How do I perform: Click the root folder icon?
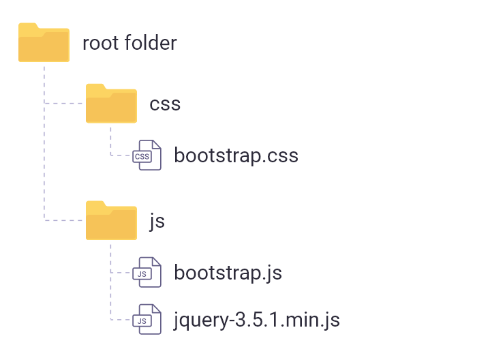pos(44,43)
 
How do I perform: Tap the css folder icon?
pos(111,103)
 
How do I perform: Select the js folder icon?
pos(111,220)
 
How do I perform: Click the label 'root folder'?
pos(129,44)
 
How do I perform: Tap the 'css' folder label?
pos(165,104)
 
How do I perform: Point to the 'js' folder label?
pos(157,221)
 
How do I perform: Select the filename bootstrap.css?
pos(236,155)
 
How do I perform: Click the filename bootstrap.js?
pos(228,273)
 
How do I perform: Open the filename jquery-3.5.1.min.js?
pos(257,319)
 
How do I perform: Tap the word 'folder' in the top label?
pos(151,44)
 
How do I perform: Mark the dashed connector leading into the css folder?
pos(65,103)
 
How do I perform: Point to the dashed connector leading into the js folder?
pos(65,220)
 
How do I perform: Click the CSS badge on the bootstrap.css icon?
pos(142,157)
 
